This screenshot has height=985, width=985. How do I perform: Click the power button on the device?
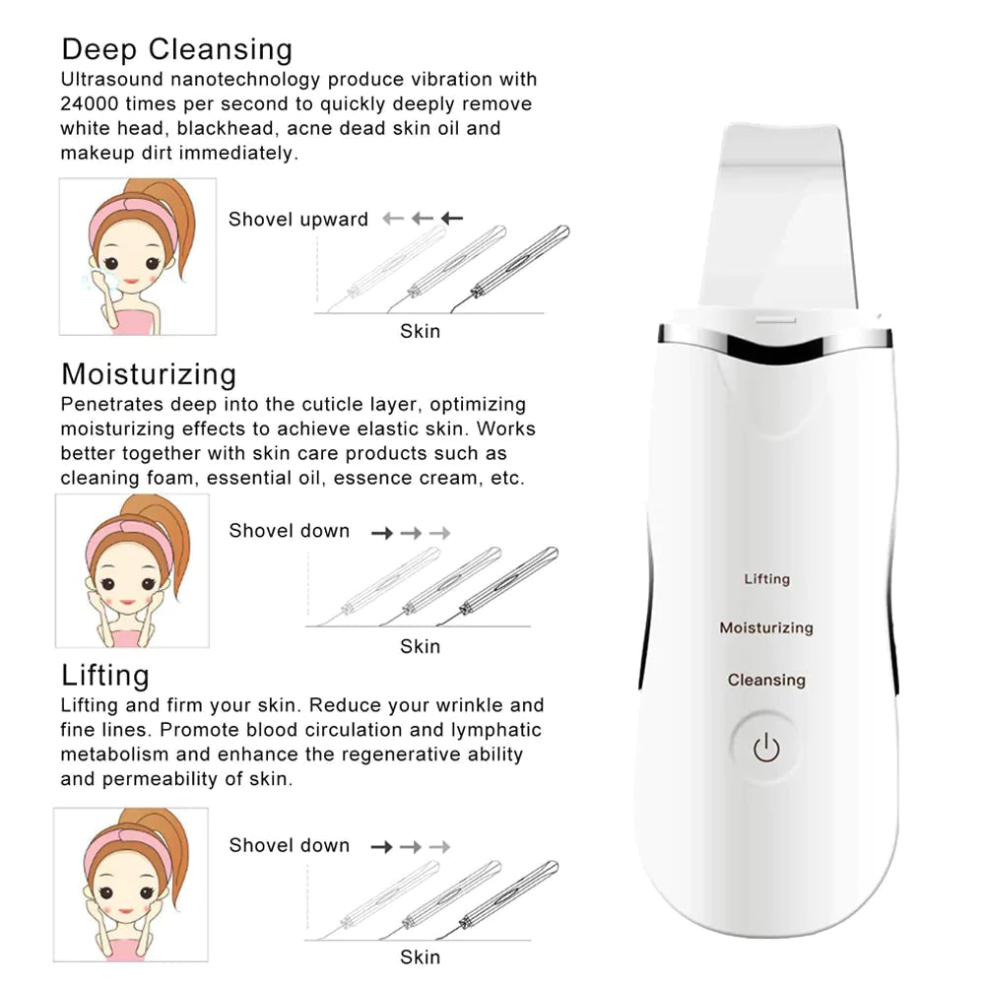point(766,749)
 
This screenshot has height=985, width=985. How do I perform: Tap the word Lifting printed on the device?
point(766,578)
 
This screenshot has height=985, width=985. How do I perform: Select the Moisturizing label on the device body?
point(765,627)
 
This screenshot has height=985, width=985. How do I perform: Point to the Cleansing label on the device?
point(766,680)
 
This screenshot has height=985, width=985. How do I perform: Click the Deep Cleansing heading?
point(176,49)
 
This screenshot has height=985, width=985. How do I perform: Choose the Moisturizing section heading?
point(149,374)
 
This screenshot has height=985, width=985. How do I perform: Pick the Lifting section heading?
point(105,676)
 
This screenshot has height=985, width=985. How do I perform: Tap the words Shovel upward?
point(297,220)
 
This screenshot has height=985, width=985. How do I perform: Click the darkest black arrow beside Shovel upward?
point(452,219)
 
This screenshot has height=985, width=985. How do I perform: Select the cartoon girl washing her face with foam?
point(137,256)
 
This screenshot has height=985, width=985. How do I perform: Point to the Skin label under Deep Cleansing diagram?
point(420,331)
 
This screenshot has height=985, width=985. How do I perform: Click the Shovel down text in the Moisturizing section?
point(289,531)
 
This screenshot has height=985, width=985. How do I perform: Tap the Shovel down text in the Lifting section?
point(289,845)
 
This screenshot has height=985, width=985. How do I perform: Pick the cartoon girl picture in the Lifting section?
point(131,885)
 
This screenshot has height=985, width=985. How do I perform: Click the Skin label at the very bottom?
point(420,956)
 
